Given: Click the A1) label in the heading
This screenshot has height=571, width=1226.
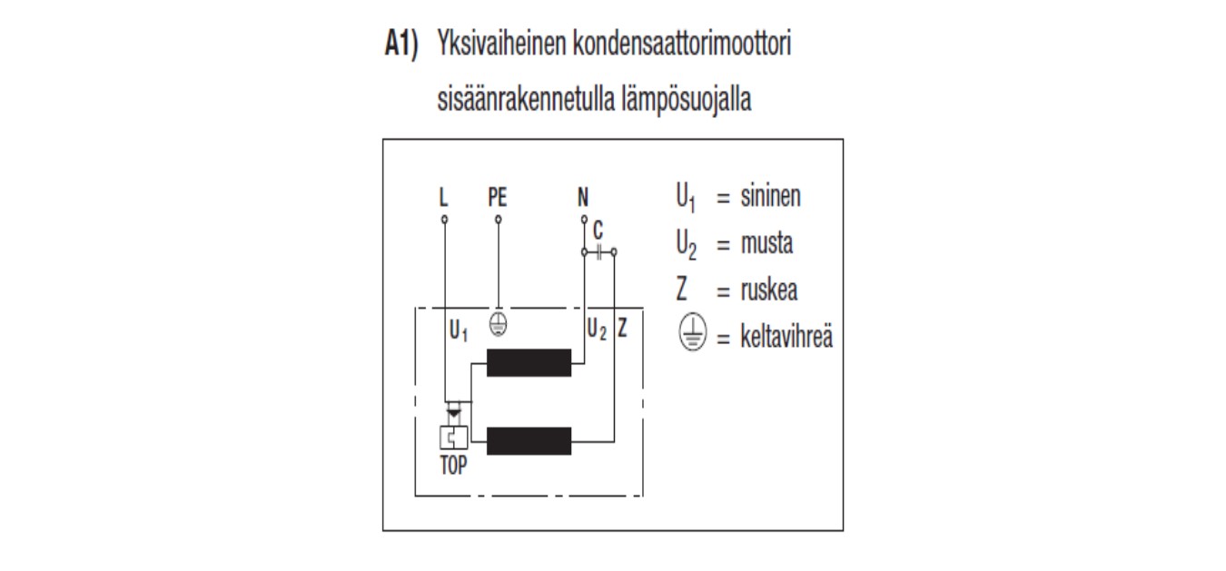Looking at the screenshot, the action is tap(401, 44).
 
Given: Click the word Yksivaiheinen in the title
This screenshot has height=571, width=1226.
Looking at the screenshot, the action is tap(501, 44).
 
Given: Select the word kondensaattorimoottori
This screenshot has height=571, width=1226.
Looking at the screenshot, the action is tap(682, 44).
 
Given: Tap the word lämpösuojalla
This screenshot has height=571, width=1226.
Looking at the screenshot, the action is tap(687, 100).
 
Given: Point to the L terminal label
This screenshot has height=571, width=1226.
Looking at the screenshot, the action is tap(443, 197).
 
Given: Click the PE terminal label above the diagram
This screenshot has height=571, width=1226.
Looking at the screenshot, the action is tap(498, 197).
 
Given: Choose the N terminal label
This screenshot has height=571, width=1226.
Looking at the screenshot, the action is tap(583, 197).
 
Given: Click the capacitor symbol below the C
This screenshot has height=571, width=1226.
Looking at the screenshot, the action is tap(598, 252).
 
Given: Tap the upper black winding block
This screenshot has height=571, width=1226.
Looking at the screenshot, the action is tap(529, 362).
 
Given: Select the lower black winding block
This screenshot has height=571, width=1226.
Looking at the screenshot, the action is tap(529, 441).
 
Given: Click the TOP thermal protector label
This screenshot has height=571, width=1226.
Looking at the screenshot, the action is tap(453, 466).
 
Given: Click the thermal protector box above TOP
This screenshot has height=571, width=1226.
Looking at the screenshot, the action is tap(454, 438).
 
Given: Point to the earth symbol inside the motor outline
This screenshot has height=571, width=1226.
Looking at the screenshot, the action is tap(498, 324).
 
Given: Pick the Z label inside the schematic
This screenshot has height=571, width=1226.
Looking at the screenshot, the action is tap(622, 328).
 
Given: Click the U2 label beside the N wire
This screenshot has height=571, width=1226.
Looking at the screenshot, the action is tap(597, 330).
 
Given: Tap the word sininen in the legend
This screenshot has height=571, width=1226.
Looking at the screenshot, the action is tap(770, 196).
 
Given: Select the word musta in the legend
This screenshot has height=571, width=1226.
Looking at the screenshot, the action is tap(766, 243).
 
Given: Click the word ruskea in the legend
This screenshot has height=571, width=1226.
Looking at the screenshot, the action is tap(768, 290).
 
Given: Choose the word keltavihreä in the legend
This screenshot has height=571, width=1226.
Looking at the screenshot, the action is tap(786, 337).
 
